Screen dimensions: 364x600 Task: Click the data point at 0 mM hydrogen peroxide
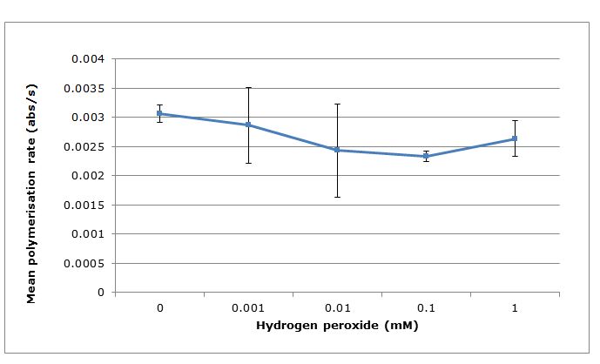tap(159, 113)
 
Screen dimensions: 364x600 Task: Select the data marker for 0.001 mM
tap(248, 125)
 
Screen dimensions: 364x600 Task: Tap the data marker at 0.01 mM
tap(337, 150)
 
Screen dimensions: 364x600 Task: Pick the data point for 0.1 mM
tap(426, 156)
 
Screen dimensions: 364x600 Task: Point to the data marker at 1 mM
tap(515, 138)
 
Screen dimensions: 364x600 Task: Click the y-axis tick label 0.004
tap(88, 59)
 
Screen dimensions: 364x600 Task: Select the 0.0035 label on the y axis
tap(85, 88)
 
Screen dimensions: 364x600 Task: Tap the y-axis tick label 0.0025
tap(85, 146)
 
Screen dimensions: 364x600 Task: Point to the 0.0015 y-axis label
tap(85, 205)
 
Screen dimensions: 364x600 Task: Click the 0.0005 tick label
tap(85, 263)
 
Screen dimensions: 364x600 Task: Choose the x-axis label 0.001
tap(248, 308)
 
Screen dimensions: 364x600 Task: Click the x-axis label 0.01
tap(337, 308)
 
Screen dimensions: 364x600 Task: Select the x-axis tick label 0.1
tap(426, 308)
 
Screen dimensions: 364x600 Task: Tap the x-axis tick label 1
tap(515, 308)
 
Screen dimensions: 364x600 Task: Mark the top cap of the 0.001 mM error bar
tap(248, 87)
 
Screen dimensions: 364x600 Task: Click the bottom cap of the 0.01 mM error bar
tap(337, 197)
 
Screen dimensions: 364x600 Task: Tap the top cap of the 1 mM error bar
tap(515, 120)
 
